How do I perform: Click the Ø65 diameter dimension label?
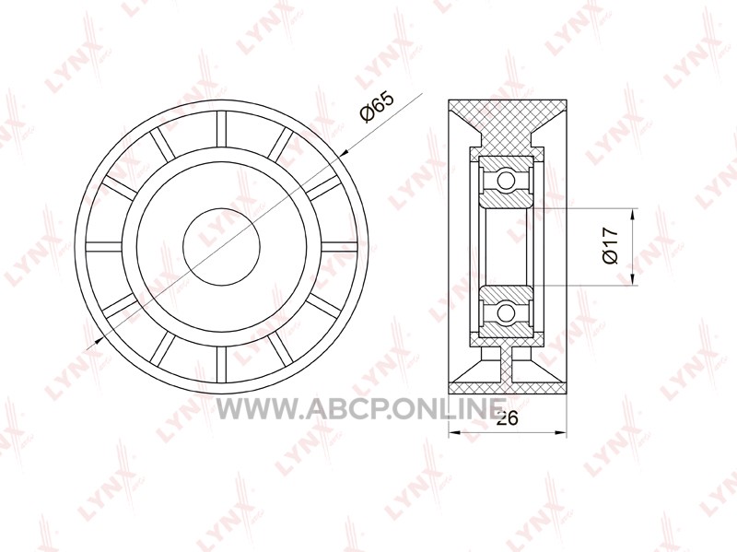tap(376, 108)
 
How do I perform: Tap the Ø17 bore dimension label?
tap(611, 246)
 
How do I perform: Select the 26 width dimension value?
tap(507, 417)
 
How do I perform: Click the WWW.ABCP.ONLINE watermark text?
tap(361, 408)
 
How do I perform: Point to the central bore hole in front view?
tap(221, 247)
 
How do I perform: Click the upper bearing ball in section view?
tap(506, 180)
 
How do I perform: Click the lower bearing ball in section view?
tap(506, 311)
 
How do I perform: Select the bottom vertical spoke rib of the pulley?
tap(221, 364)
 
